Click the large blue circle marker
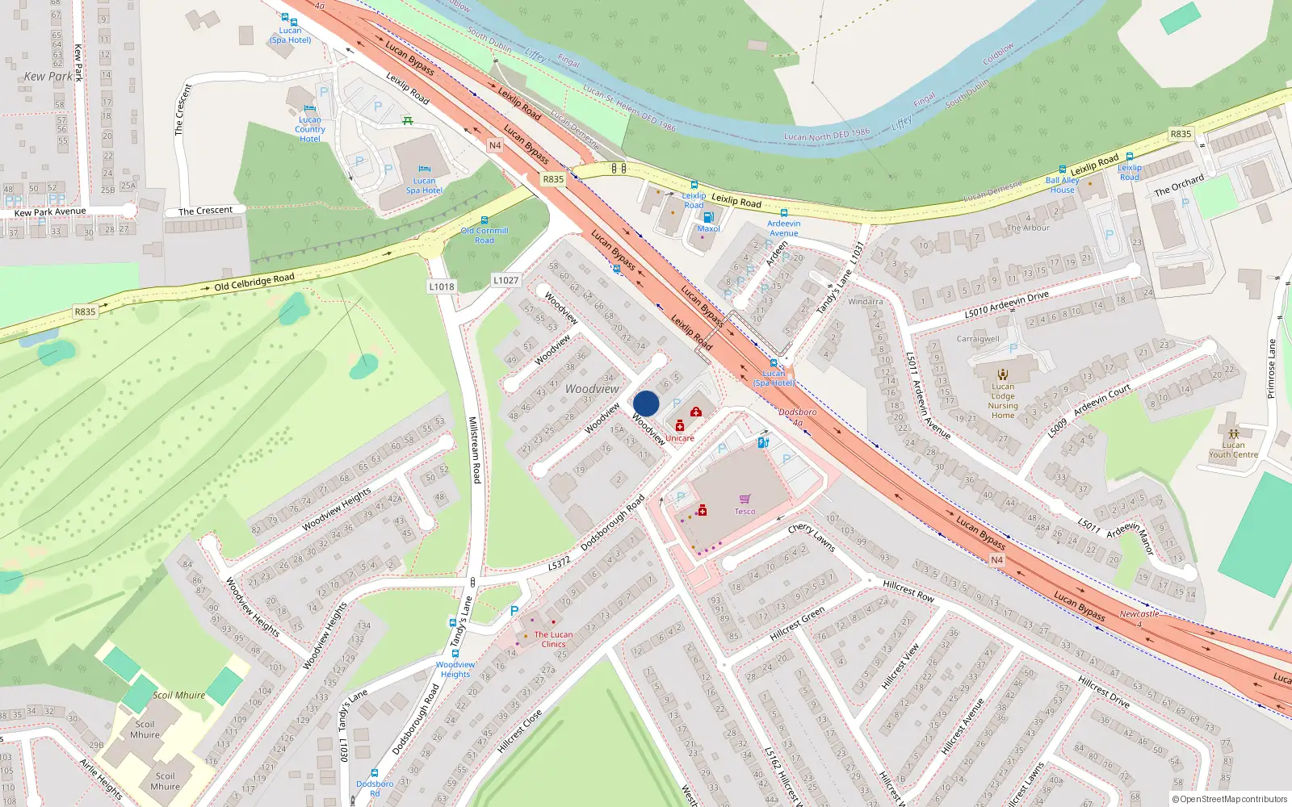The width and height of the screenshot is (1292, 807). point(646,403)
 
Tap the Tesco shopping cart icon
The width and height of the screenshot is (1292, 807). point(745,499)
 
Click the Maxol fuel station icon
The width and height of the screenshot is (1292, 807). point(708,217)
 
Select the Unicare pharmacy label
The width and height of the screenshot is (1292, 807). point(679,438)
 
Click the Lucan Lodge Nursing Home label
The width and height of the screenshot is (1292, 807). point(1003,401)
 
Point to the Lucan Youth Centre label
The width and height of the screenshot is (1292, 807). point(1233,449)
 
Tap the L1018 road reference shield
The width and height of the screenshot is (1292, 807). point(442,286)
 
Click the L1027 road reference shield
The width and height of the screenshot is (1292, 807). point(505,280)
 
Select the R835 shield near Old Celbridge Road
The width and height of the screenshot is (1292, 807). point(85,312)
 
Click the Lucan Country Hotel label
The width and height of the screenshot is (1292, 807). point(310,129)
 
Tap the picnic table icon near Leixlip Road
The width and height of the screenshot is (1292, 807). point(408,121)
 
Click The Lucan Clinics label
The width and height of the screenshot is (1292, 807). point(553,639)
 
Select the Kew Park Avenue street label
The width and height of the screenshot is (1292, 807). point(50,212)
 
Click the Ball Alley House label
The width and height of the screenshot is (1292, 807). point(1062,185)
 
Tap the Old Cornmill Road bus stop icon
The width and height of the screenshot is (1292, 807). point(484,220)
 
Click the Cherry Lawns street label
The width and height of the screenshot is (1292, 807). point(811,537)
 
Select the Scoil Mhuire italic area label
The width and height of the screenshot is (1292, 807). point(179,695)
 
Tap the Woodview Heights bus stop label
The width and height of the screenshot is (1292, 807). point(455,669)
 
